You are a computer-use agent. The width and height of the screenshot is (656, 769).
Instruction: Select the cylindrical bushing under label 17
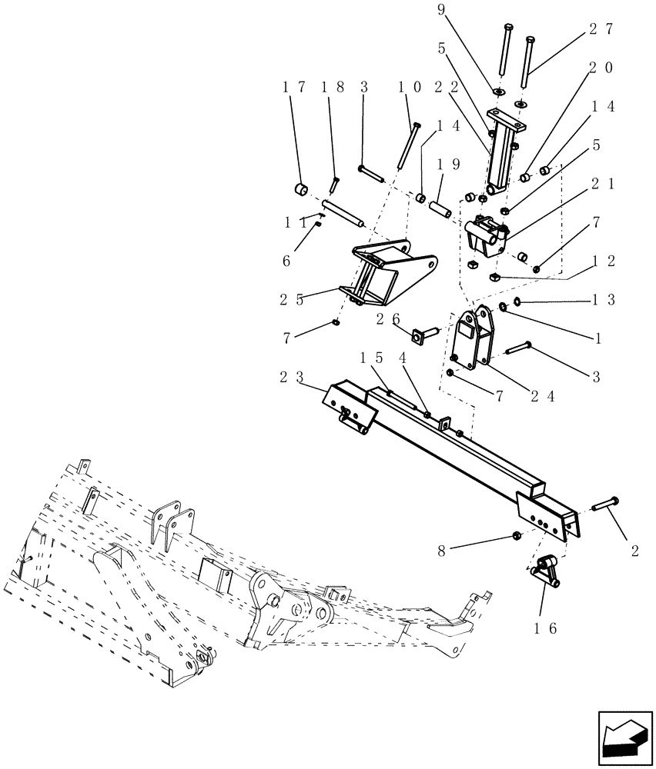(x=302, y=189)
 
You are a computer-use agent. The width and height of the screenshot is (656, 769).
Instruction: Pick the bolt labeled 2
(x=607, y=504)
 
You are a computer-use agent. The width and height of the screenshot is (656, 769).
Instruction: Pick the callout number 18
(x=333, y=87)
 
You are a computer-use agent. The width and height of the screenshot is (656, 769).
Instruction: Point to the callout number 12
(x=604, y=261)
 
